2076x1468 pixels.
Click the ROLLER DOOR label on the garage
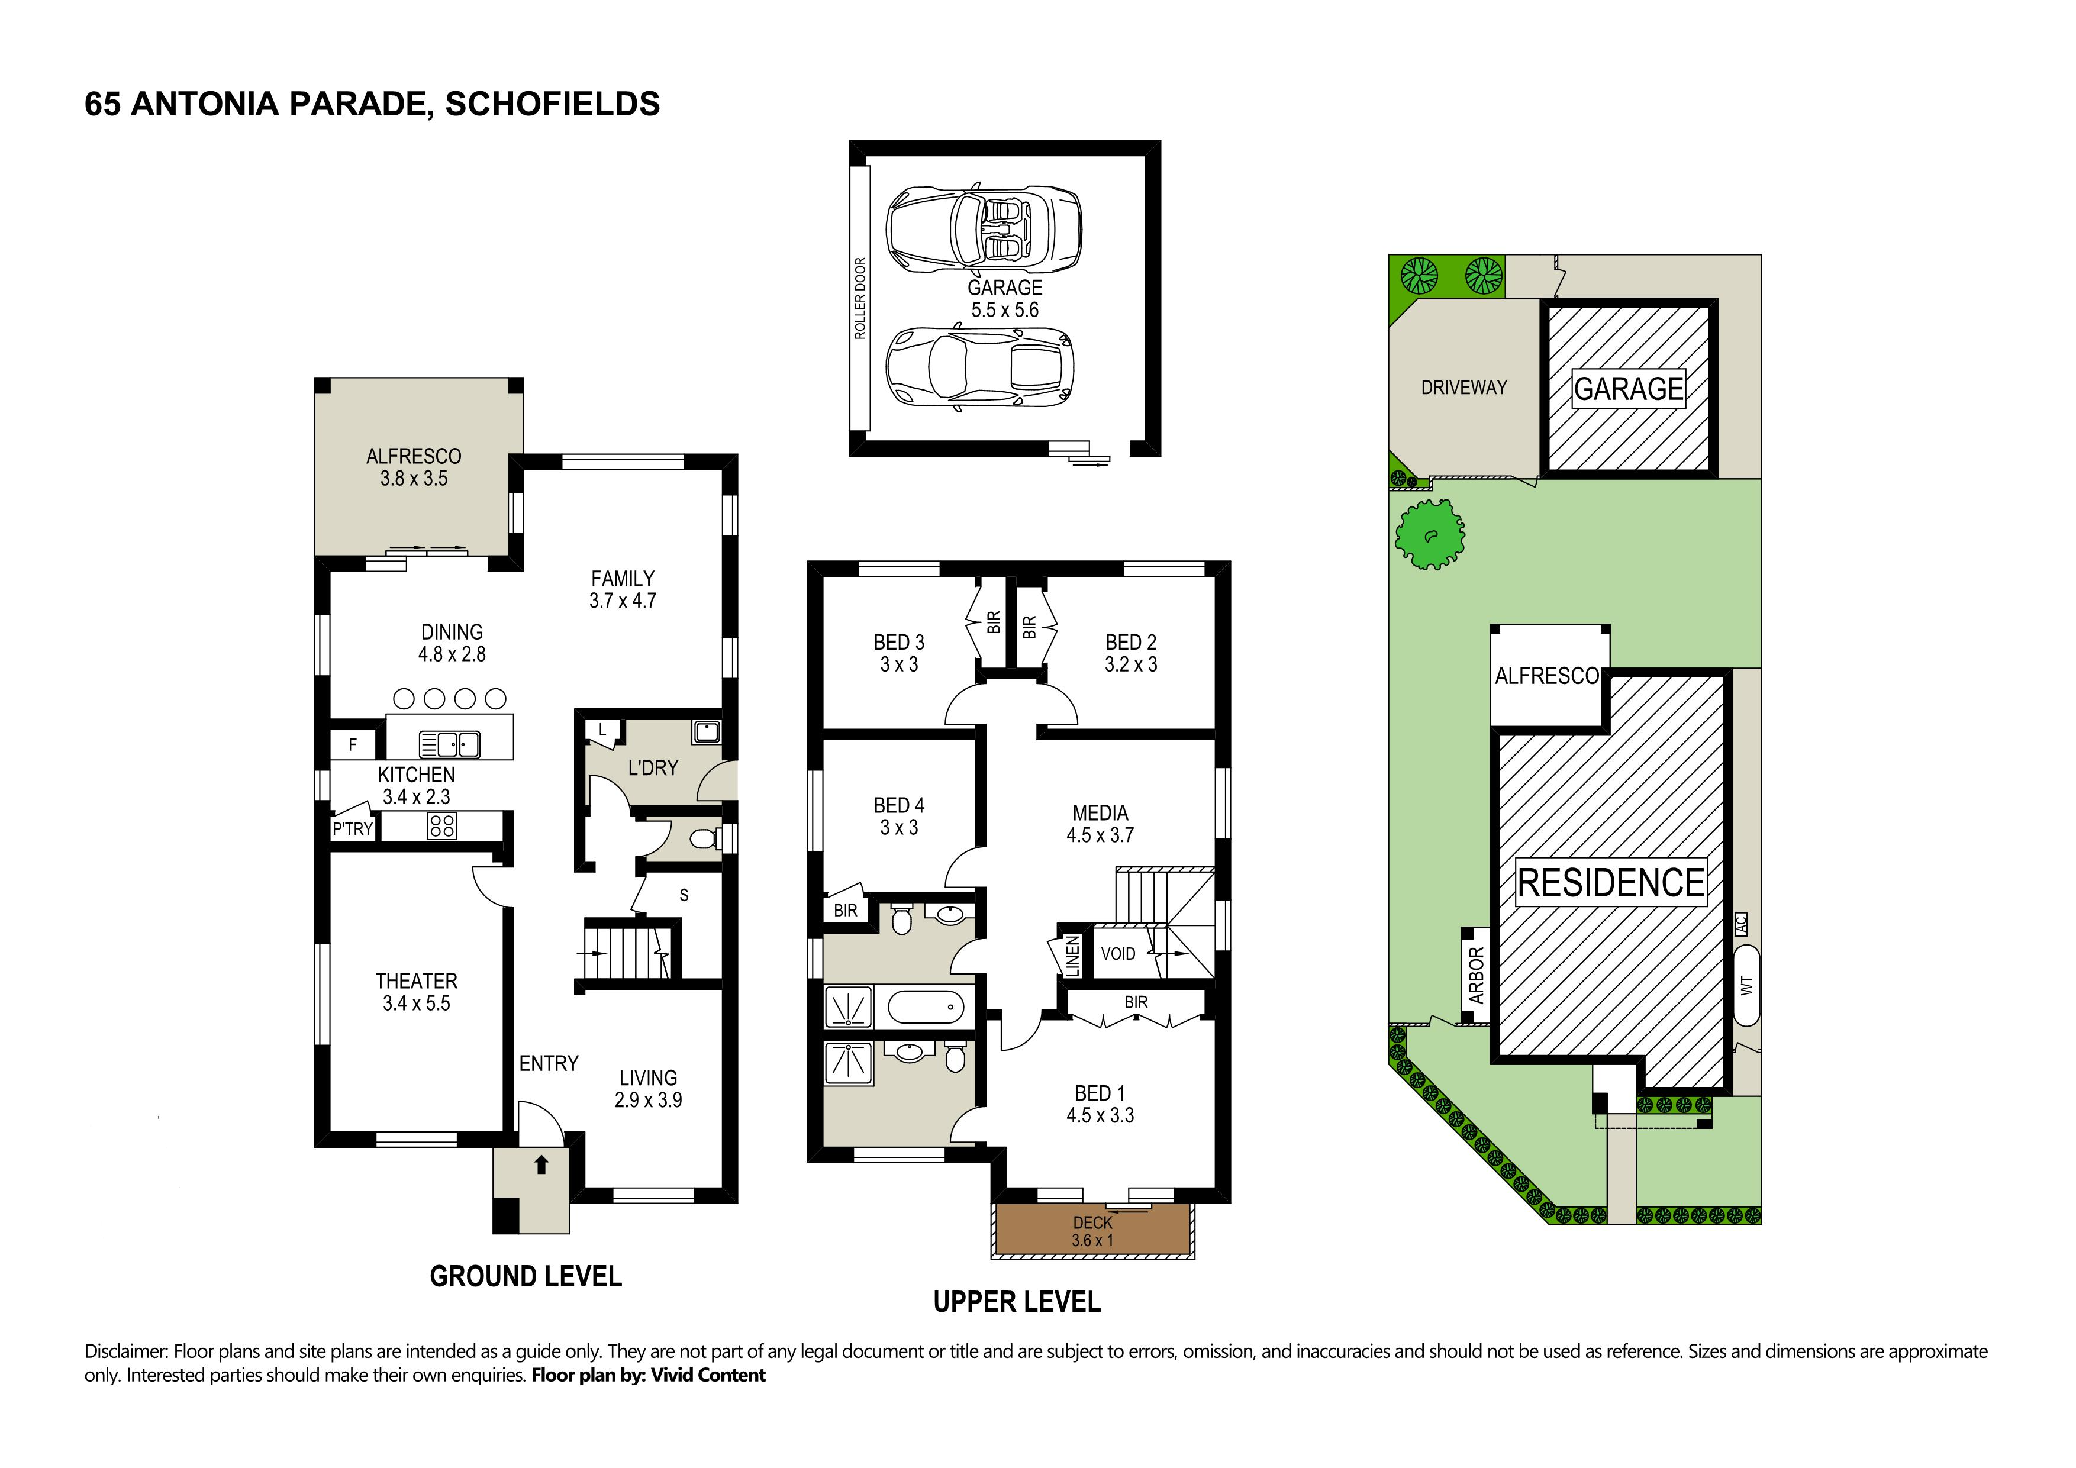[860, 298]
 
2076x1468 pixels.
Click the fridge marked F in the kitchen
[353, 745]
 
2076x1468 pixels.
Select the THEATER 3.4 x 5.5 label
[416, 992]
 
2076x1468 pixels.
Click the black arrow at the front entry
[541, 1164]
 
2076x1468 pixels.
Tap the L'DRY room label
[653, 767]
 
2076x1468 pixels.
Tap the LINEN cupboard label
[1072, 956]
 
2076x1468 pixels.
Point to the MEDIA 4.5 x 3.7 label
[1100, 824]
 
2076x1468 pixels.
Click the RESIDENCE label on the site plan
[1611, 882]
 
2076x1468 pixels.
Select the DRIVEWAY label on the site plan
[1464, 387]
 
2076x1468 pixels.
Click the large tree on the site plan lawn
[1430, 537]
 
